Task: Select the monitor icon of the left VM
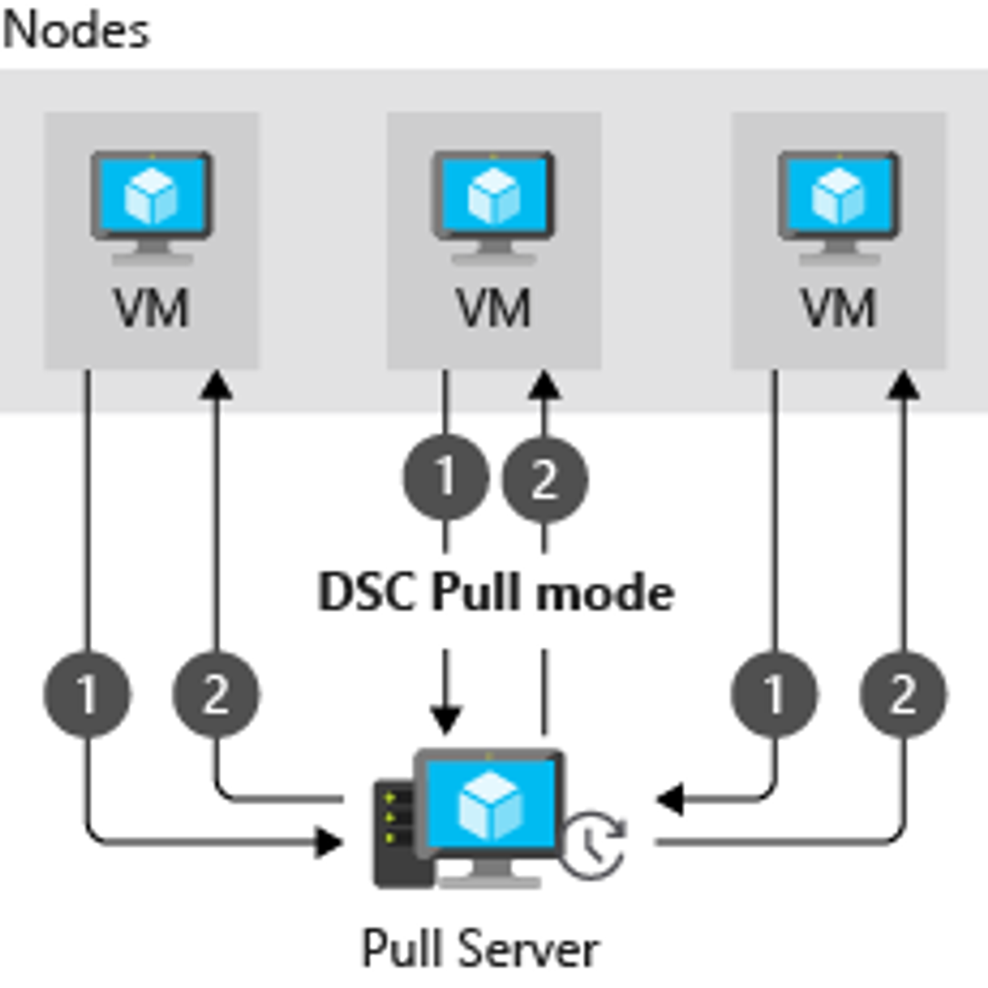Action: pos(152,205)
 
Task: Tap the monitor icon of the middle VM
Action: pos(494,205)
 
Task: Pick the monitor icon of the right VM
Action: pos(838,205)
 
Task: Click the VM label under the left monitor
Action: pos(152,308)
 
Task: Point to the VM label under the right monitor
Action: pos(838,308)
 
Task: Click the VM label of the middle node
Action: pos(494,308)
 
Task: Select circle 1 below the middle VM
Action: pos(446,478)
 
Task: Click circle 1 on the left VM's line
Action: pos(87,695)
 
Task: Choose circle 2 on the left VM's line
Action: pos(216,695)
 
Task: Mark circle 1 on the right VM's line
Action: pos(774,695)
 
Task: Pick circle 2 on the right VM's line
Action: pos(903,695)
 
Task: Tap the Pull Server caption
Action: pos(481,949)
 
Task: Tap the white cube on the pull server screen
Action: pos(490,805)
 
